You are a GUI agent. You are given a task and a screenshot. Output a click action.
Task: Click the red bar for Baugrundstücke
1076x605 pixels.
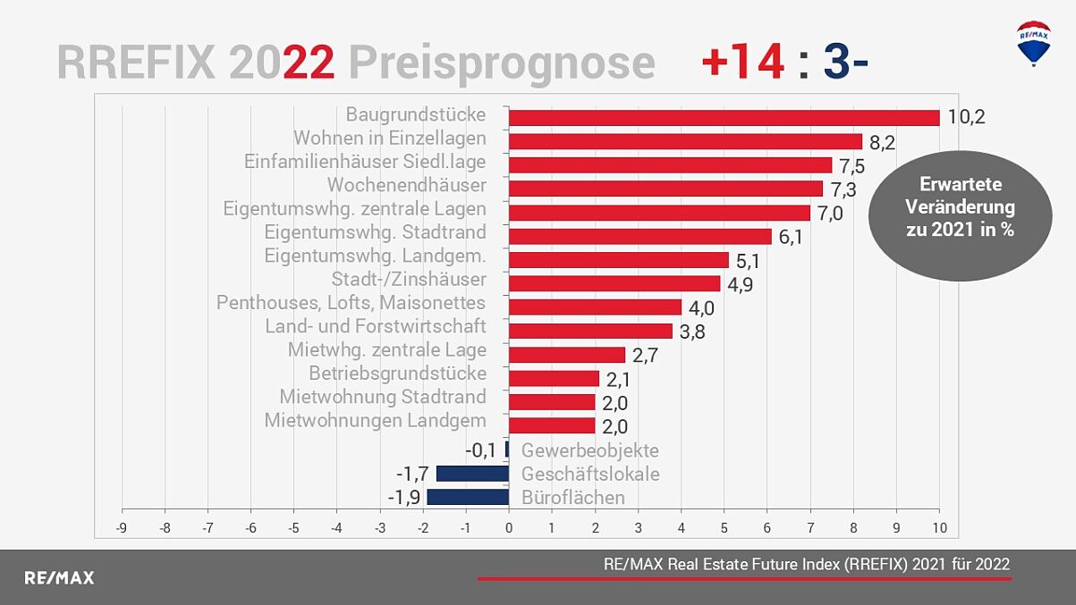(x=724, y=117)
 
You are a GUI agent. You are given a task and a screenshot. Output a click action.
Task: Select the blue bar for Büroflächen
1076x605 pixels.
(x=468, y=497)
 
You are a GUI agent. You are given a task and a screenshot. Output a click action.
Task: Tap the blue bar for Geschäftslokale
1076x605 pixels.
(x=472, y=474)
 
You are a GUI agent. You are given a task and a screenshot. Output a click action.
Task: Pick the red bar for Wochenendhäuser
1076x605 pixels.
(x=665, y=189)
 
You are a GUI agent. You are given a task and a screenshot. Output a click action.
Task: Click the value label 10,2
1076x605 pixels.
(x=966, y=117)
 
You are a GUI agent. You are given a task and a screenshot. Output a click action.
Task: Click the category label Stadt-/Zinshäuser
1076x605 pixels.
(x=409, y=280)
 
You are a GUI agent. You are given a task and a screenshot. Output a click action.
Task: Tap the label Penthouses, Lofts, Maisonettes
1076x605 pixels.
(x=351, y=303)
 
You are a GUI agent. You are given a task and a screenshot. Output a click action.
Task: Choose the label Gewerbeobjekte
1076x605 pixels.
(x=589, y=450)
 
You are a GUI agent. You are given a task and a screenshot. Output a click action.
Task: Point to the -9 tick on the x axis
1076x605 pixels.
(x=122, y=527)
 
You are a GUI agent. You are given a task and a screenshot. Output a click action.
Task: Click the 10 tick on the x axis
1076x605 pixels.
(x=938, y=527)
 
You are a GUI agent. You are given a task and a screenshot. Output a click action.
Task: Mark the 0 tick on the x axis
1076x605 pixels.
(x=509, y=527)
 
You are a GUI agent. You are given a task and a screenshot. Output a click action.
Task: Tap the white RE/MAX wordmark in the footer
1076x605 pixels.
(x=59, y=577)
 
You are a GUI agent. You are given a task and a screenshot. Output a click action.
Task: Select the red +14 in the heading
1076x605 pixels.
(x=742, y=63)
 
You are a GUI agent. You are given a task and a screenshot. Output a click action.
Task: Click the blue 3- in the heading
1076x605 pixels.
(x=845, y=63)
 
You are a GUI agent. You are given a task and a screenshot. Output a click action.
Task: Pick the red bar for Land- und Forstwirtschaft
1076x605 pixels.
(x=590, y=331)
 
